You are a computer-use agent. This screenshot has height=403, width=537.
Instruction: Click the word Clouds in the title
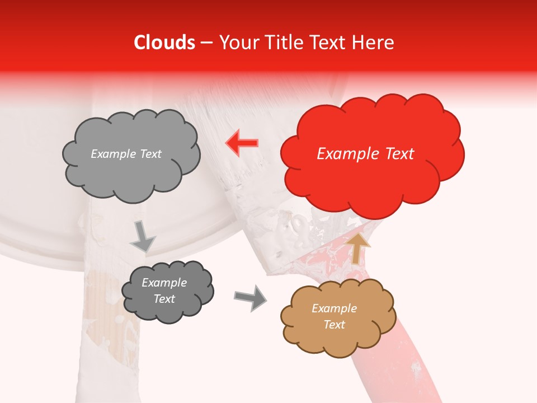coord(164,43)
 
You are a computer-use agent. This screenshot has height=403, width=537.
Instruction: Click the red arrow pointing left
coord(242,143)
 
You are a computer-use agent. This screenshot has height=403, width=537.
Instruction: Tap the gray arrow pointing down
coord(143,237)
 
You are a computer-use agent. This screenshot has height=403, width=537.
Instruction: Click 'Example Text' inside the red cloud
coord(365,154)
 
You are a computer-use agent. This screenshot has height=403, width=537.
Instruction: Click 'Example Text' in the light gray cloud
coord(126,154)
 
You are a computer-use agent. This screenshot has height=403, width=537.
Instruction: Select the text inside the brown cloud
coord(334,316)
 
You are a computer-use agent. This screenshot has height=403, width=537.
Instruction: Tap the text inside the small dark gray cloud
coord(164,291)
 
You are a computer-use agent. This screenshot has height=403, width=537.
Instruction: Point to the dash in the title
coord(206,43)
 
